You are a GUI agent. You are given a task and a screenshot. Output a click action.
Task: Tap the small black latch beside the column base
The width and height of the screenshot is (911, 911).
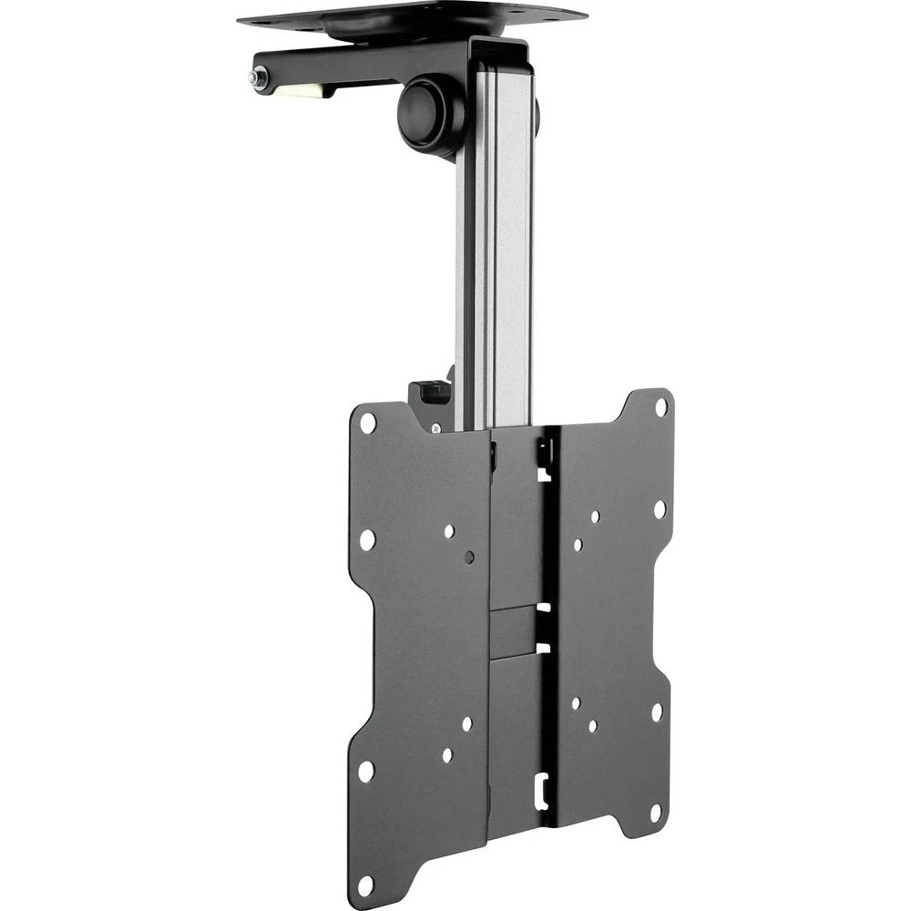click(435, 391)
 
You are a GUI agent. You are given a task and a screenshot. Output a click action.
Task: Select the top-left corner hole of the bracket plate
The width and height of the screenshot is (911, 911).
click(368, 423)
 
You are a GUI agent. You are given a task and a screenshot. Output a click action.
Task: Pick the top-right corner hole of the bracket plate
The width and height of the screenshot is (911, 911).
click(660, 406)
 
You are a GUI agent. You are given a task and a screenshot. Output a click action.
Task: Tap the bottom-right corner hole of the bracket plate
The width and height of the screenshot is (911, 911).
click(653, 810)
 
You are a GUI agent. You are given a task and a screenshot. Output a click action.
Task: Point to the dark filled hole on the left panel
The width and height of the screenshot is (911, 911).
click(468, 557)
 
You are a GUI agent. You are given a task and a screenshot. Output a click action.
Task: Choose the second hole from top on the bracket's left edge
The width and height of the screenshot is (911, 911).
click(366, 538)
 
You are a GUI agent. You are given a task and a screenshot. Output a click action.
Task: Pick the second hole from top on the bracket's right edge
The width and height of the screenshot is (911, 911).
click(659, 509)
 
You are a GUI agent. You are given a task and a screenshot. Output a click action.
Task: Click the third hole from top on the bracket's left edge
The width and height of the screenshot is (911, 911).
click(365, 771)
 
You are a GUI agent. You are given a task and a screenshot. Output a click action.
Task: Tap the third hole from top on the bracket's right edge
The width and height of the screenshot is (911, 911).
click(656, 711)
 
